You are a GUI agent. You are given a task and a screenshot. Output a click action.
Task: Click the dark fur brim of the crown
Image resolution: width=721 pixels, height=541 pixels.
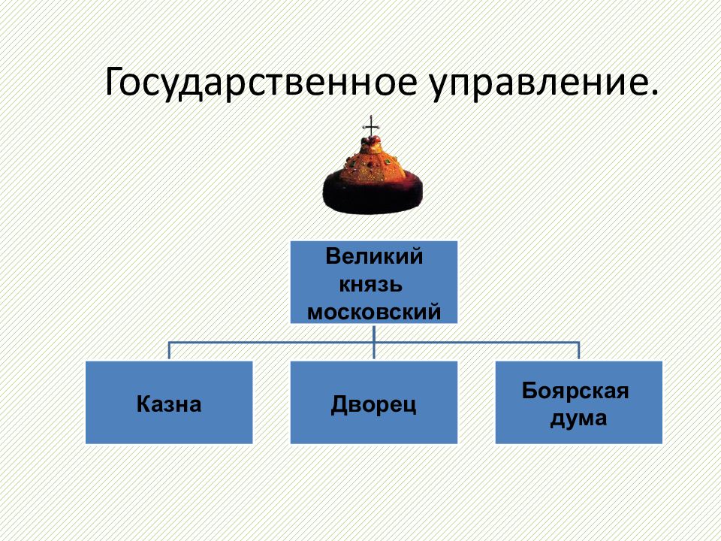pos(373,193)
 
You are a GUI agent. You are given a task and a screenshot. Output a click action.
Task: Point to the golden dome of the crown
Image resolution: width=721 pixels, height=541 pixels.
pos(373,161)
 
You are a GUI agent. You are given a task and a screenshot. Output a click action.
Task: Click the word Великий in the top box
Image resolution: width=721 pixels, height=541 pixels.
pos(374,257)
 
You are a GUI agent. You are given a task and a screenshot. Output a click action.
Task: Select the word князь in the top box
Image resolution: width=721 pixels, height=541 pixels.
pos(370,285)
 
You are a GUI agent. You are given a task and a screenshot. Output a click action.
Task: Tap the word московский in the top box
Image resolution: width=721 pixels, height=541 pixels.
pos(374,313)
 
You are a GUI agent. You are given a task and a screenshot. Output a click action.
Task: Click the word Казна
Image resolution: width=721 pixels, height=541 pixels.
pos(169,404)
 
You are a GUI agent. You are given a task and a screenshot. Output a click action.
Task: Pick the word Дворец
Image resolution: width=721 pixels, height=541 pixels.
pos(373,405)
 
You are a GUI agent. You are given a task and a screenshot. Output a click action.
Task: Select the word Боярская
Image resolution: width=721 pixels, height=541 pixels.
pos(575,391)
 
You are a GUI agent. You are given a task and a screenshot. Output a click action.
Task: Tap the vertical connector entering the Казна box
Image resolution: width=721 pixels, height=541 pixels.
pos(169,351)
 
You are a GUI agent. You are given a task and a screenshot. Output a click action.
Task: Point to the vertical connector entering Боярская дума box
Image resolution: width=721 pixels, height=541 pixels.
pos(578,351)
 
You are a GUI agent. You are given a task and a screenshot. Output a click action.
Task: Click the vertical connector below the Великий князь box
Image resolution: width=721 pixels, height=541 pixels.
pos(374,342)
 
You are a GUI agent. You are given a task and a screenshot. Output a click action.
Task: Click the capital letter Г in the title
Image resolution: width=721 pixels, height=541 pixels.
pos(115,82)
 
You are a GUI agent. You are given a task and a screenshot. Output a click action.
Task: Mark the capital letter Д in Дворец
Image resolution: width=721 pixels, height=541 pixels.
pos(339,405)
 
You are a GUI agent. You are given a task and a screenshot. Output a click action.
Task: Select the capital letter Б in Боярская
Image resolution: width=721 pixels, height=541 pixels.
pos(529,391)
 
